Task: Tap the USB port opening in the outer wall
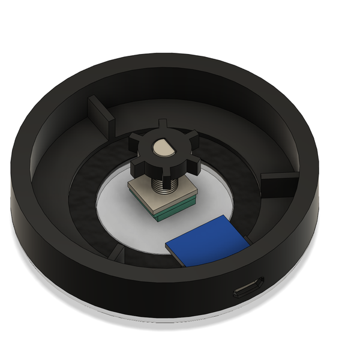click(x=248, y=288)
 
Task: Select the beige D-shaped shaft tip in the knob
click(x=163, y=146)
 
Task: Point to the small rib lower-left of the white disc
click(x=118, y=252)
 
